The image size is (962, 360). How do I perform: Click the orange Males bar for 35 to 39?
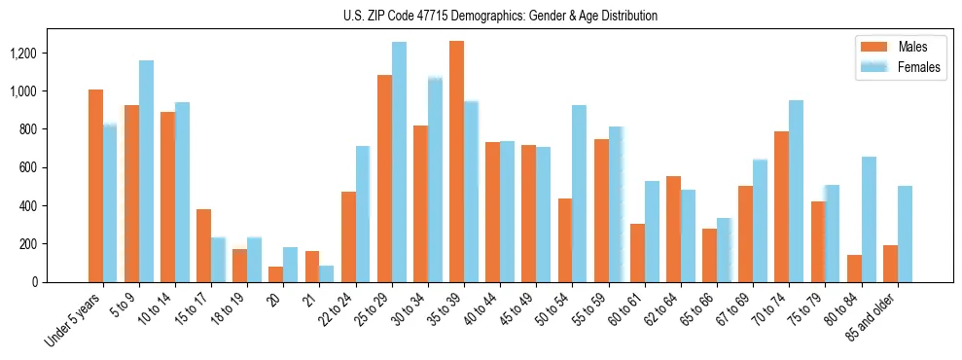tap(456, 162)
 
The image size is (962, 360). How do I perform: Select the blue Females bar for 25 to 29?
tap(399, 162)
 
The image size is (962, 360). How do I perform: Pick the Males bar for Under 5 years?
tap(95, 186)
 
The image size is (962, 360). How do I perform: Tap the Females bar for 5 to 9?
tap(146, 171)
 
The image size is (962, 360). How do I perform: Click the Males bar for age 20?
tap(275, 274)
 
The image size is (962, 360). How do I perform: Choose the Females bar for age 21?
tap(327, 273)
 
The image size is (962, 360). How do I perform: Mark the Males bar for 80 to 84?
tap(854, 269)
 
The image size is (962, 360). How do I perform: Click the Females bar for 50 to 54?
tap(580, 194)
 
